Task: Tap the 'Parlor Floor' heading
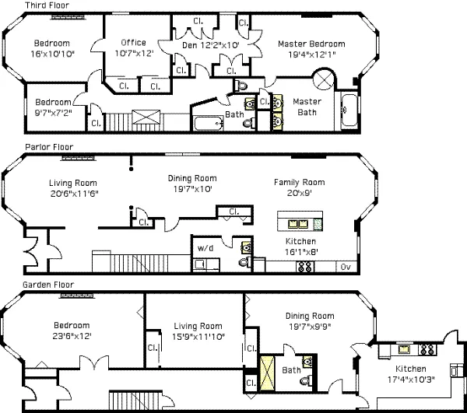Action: point(49,146)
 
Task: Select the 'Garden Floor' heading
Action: point(48,285)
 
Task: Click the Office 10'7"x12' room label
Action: point(134,48)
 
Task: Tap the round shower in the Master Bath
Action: point(323,80)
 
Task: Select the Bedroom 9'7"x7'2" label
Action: point(51,106)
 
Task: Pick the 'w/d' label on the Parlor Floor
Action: point(205,248)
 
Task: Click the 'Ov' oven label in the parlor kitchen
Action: point(345,267)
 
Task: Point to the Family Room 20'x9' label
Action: point(299,187)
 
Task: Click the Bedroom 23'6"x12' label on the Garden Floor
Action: point(72,331)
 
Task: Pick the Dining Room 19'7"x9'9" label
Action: point(310,321)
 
